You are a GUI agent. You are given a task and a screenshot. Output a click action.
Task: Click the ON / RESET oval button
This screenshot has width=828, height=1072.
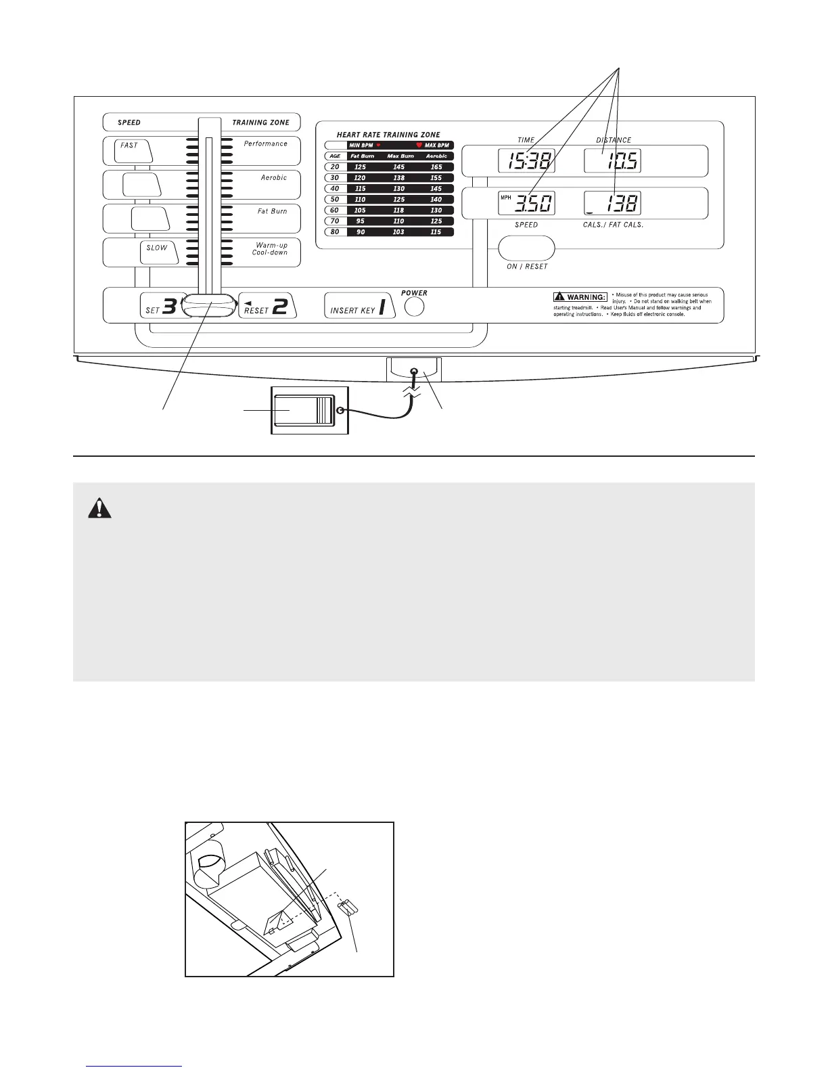click(x=526, y=248)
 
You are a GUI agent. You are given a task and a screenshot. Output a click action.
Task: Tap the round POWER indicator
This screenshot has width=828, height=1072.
click(x=414, y=307)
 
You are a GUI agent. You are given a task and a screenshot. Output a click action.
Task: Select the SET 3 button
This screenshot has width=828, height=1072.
click(x=161, y=307)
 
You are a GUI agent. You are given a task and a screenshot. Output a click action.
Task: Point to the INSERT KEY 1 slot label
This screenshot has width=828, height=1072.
click(x=359, y=307)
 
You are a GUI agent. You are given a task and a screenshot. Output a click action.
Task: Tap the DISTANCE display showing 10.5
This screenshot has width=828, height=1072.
click(x=612, y=161)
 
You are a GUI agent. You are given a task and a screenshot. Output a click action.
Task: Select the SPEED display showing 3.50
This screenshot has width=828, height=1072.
click(x=526, y=204)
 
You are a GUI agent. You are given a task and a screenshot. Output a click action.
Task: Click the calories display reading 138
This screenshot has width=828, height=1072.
click(x=612, y=204)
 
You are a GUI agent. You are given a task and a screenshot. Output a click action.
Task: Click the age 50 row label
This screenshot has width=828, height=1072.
click(x=335, y=200)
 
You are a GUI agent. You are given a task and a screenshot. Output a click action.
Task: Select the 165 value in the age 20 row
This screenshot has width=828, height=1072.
click(x=436, y=167)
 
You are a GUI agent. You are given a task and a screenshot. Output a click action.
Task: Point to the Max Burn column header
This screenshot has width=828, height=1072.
click(x=400, y=156)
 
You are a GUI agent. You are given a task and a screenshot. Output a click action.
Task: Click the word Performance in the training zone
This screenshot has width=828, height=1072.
click(x=266, y=143)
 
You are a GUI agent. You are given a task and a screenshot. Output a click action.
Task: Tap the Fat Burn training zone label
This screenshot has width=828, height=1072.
click(x=272, y=211)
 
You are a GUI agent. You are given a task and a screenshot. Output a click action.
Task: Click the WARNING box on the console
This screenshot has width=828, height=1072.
click(x=580, y=297)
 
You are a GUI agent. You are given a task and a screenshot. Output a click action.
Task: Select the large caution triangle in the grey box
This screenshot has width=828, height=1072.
click(x=99, y=508)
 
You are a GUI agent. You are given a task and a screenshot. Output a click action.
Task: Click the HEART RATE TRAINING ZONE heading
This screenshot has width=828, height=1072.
click(x=388, y=135)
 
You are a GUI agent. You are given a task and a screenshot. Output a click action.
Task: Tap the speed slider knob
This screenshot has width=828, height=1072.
click(x=209, y=306)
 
